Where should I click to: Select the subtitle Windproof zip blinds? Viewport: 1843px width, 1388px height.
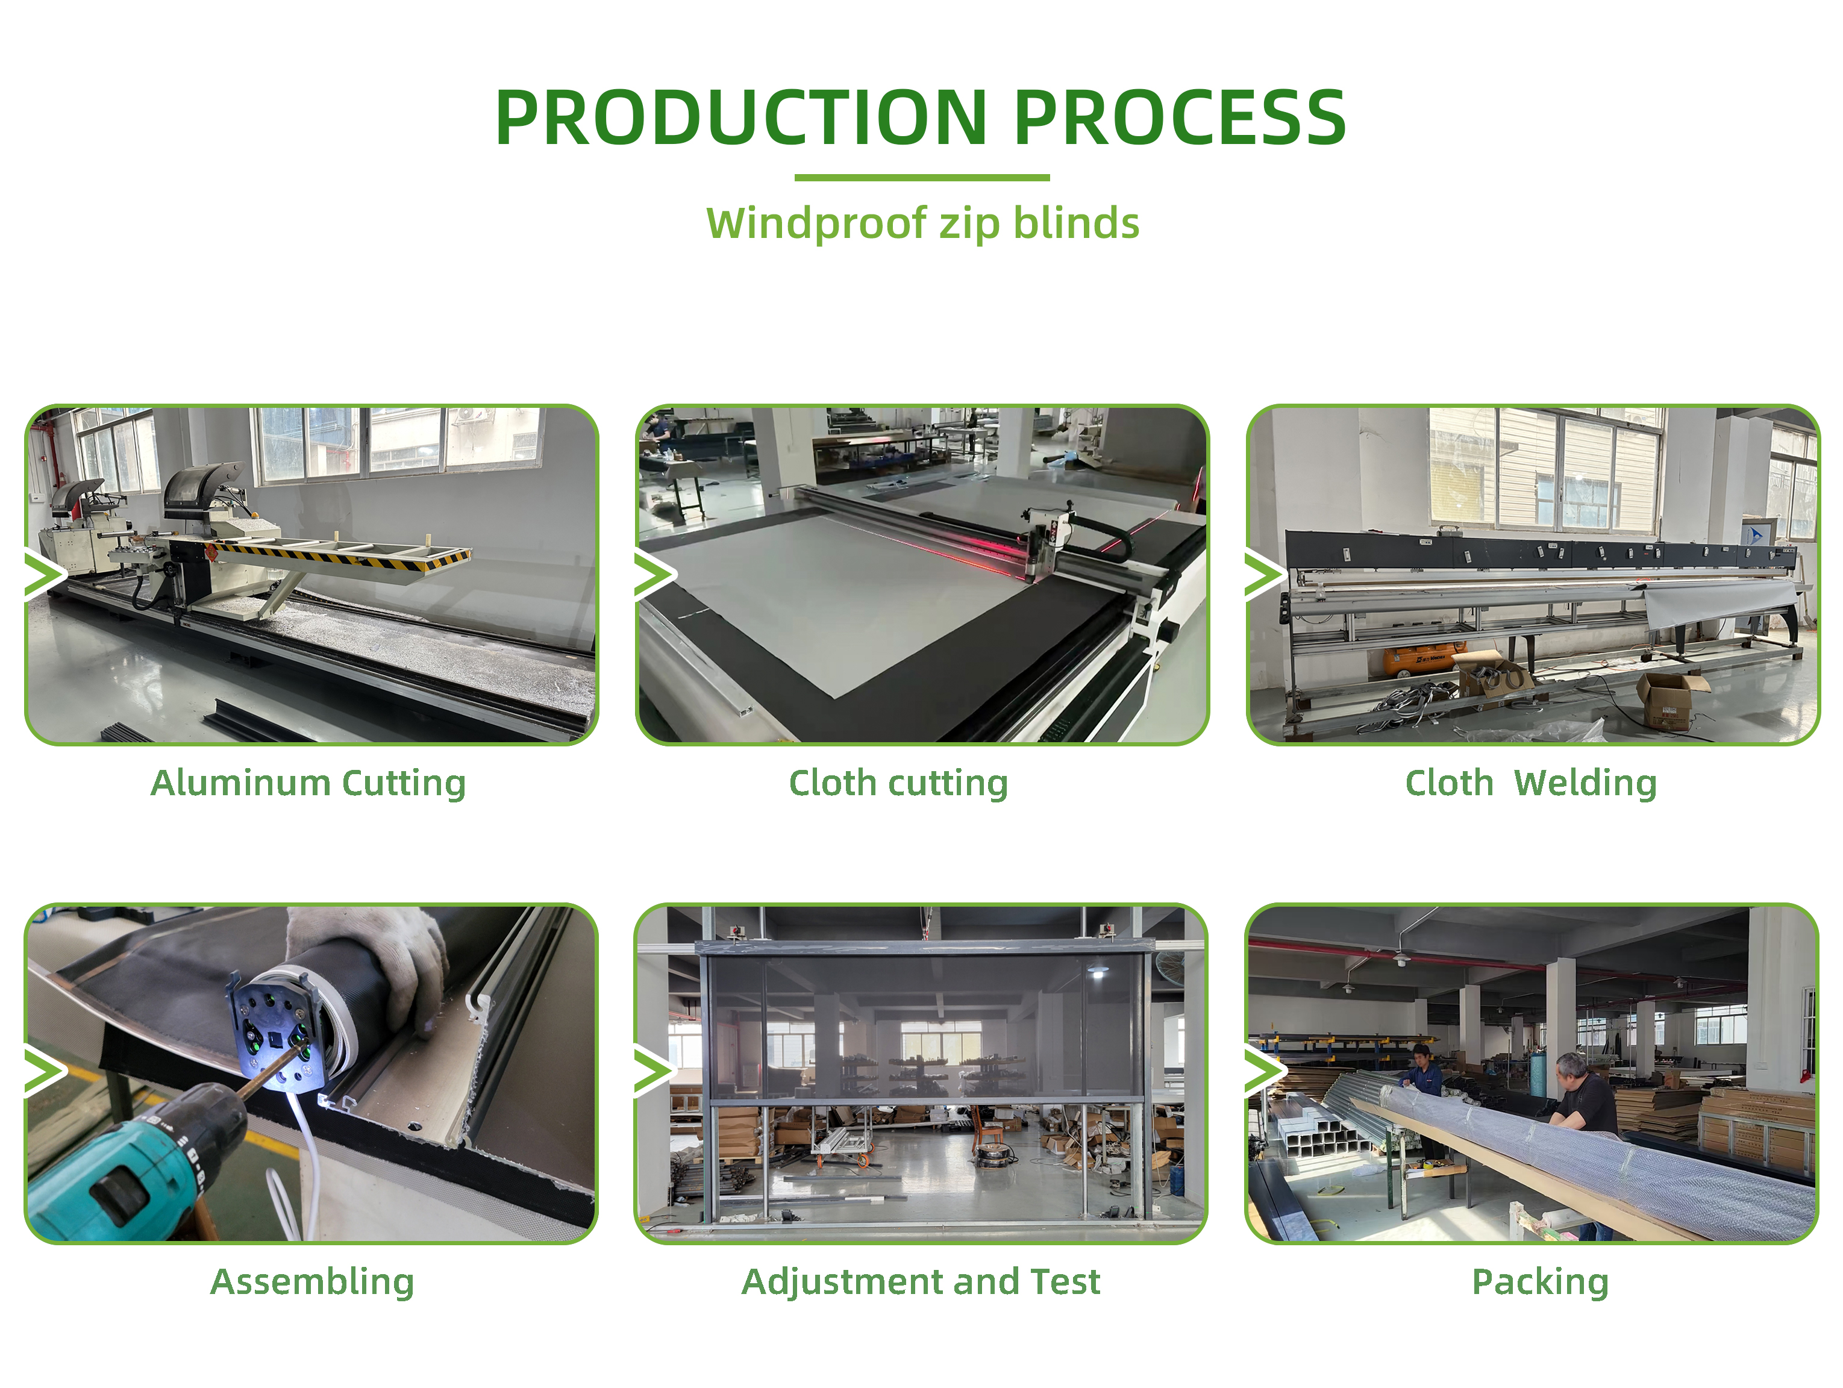(x=922, y=224)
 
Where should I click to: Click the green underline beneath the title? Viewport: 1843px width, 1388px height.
(x=922, y=178)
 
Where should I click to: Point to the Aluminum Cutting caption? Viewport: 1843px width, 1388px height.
(x=308, y=784)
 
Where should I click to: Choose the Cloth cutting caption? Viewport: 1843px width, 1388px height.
(x=898, y=784)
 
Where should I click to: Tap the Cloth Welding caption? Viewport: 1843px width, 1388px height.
(x=1530, y=784)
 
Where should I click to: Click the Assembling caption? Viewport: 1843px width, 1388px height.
(x=311, y=1282)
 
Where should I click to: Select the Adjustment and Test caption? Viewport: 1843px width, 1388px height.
(x=921, y=1282)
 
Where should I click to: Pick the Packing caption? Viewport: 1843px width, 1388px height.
(x=1540, y=1282)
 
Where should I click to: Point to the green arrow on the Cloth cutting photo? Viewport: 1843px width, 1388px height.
(x=655, y=575)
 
